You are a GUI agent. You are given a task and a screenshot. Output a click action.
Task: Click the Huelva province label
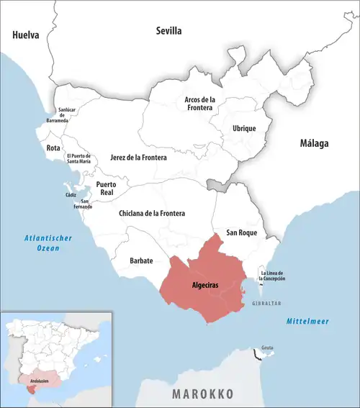(24, 35)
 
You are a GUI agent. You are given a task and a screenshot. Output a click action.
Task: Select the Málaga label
(314, 143)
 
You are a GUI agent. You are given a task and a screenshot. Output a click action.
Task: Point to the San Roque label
(242, 232)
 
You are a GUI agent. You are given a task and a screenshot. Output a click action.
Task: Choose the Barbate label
(141, 260)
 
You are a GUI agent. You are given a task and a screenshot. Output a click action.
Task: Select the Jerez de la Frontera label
(138, 157)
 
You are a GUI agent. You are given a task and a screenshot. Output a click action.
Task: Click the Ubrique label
(243, 128)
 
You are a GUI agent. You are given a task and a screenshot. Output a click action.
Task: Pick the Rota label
(53, 148)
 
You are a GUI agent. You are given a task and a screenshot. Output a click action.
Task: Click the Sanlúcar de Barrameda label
(66, 115)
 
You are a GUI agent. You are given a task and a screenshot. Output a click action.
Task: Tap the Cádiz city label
(71, 195)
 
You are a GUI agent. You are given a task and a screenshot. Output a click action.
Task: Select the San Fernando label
(85, 204)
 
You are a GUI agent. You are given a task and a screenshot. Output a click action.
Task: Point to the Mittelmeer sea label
(307, 320)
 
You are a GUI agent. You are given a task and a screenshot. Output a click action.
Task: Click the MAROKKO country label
(202, 394)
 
